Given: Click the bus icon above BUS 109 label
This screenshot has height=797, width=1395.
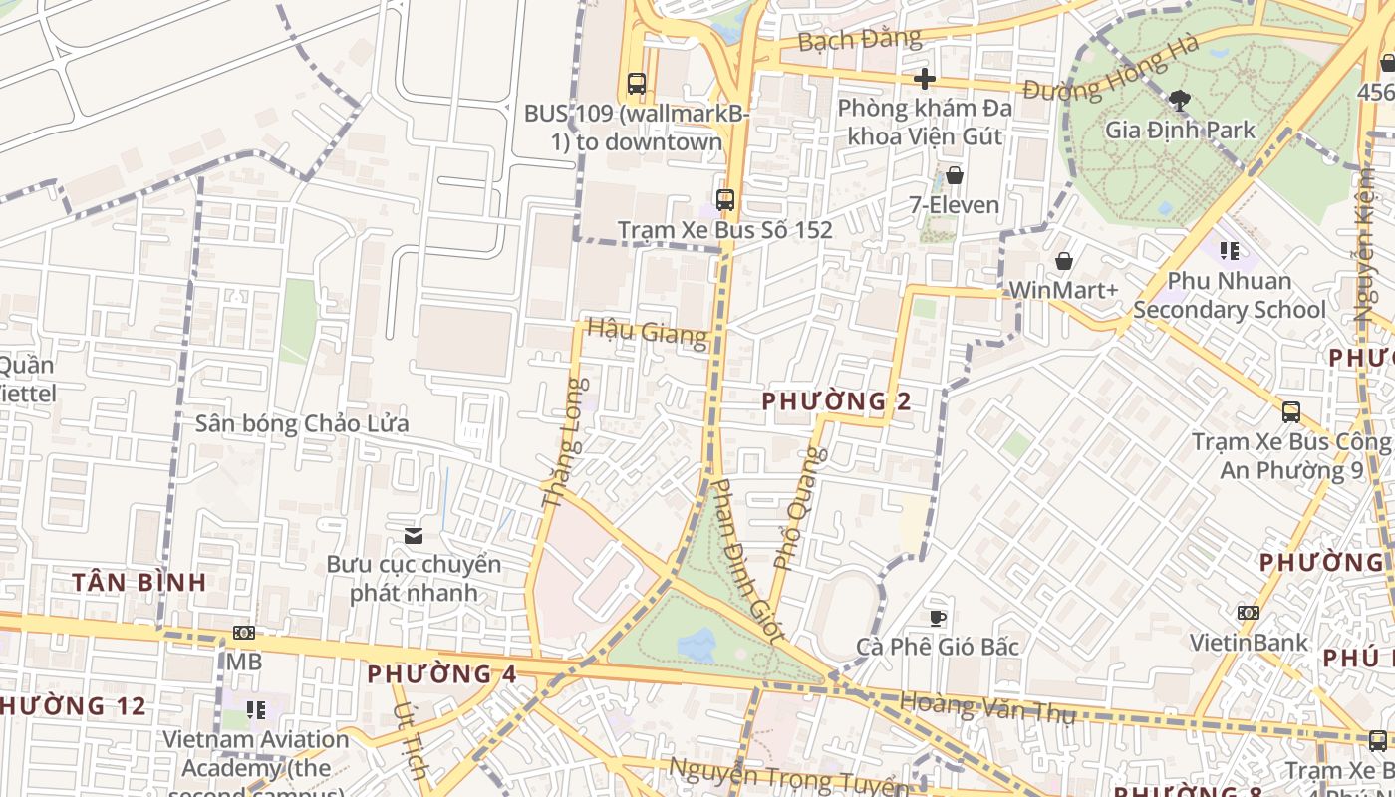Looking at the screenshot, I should pyautogui.click(x=636, y=84).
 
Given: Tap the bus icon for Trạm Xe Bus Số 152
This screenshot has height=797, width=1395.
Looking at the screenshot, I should pyautogui.click(x=725, y=199).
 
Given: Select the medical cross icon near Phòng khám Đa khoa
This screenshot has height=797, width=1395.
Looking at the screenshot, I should pyautogui.click(x=925, y=78).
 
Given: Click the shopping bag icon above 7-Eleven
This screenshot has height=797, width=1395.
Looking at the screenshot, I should pyautogui.click(x=955, y=175).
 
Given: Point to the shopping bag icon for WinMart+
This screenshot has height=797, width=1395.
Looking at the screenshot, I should pyautogui.click(x=1064, y=261).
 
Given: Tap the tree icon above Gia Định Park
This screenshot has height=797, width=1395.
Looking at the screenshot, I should pyautogui.click(x=1180, y=100).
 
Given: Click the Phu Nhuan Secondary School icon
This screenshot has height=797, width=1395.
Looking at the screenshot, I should pyautogui.click(x=1230, y=251).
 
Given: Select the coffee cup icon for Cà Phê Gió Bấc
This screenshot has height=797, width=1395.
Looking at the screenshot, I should pyautogui.click(x=937, y=618).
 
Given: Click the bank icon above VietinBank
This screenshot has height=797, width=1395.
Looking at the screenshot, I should pyautogui.click(x=1248, y=613).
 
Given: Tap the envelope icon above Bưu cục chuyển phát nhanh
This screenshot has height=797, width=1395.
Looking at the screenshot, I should pyautogui.click(x=414, y=536).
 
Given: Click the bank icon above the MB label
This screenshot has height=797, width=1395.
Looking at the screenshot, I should pyautogui.click(x=243, y=633).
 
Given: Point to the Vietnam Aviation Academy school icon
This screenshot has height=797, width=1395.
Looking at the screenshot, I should pyautogui.click(x=256, y=710).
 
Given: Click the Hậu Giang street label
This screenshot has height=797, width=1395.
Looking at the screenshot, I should pyautogui.click(x=648, y=332).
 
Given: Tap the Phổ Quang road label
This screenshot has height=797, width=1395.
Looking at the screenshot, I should pyautogui.click(x=800, y=508).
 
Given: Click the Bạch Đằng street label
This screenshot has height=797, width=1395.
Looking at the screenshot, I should pyautogui.click(x=846, y=40).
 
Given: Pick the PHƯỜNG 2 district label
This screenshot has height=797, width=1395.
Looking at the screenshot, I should pyautogui.click(x=836, y=401).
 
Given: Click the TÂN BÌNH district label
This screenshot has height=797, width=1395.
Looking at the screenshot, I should pyautogui.click(x=139, y=582).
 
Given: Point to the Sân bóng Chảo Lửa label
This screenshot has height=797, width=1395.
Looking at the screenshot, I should pyautogui.click(x=302, y=423).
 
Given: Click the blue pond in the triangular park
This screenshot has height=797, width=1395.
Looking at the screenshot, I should pyautogui.click(x=697, y=644).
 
